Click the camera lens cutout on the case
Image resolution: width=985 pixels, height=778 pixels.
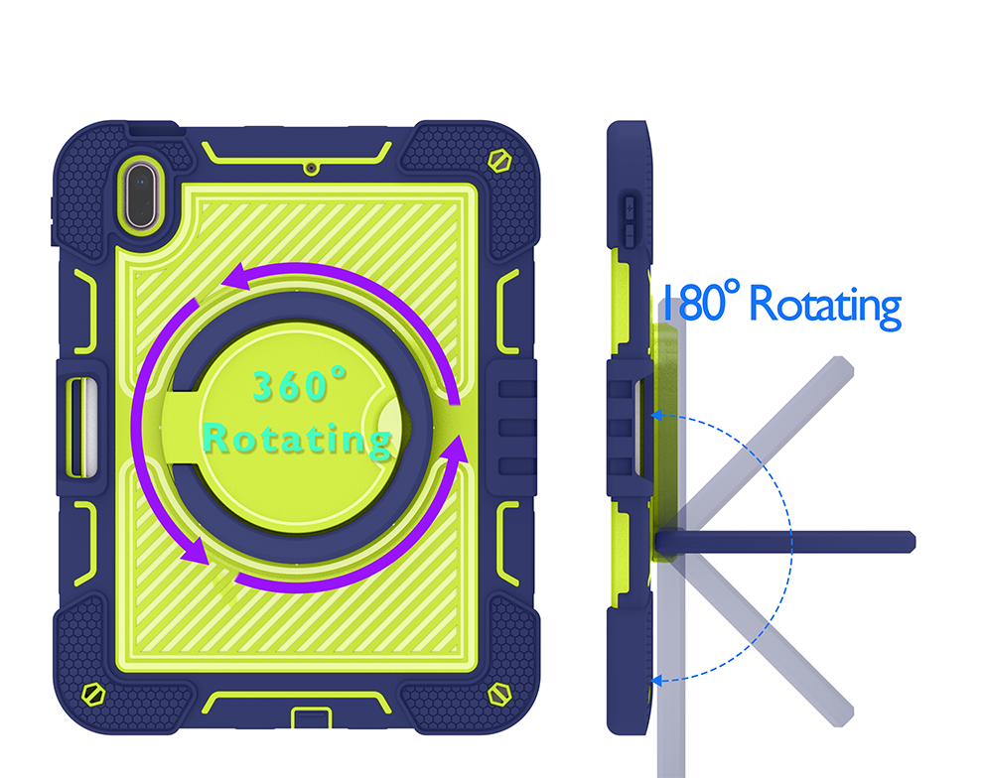pos(140,195)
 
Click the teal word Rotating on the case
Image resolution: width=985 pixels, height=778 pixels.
pos(298,439)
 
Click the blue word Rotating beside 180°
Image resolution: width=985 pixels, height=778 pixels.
pos(825,306)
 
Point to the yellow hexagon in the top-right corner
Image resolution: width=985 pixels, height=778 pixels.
pos(499,161)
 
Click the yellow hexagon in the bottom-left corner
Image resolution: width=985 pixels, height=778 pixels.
pos(93,694)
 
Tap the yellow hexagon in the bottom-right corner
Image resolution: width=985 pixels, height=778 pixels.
pos(499,694)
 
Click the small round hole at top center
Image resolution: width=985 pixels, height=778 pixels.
pos(311,169)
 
